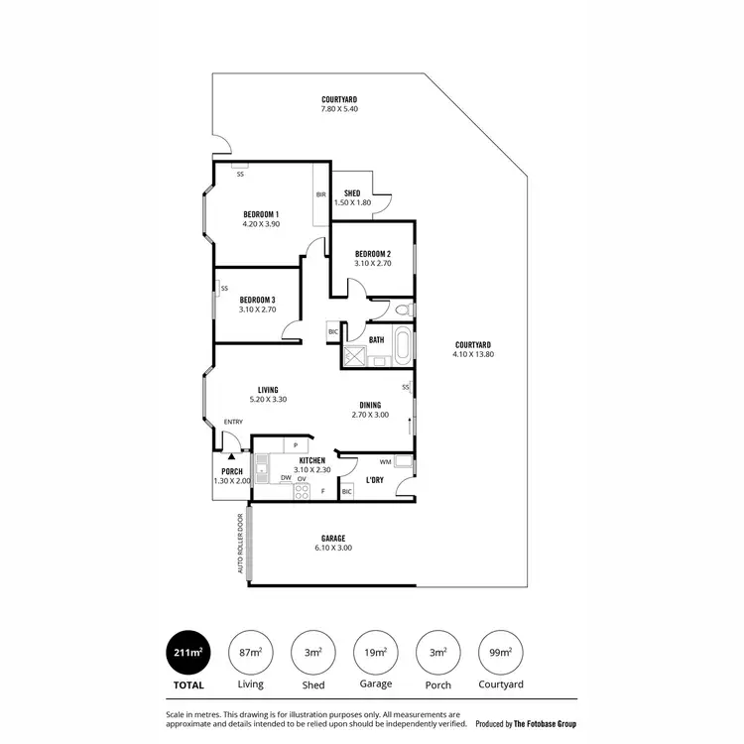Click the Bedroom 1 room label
click(x=261, y=214)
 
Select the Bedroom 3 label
click(x=257, y=300)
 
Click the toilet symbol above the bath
click(x=401, y=310)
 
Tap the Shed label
click(x=351, y=192)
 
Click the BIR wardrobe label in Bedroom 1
click(x=320, y=194)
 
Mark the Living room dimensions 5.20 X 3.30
click(x=267, y=400)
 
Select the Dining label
click(x=369, y=405)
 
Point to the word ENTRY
click(x=233, y=423)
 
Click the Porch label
click(x=232, y=471)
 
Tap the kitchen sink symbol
click(x=262, y=467)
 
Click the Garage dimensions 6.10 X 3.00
click(x=332, y=548)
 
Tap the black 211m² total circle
click(x=188, y=652)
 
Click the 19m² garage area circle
click(x=376, y=652)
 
